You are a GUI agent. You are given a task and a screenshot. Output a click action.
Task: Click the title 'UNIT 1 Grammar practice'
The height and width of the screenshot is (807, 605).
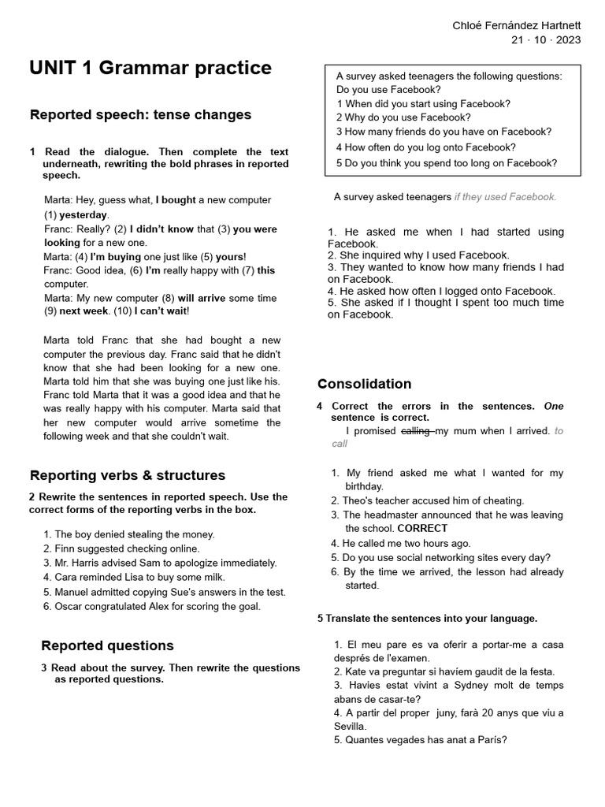[150, 69]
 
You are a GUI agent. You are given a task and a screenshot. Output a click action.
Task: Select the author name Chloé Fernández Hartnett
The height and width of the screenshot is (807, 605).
[516, 26]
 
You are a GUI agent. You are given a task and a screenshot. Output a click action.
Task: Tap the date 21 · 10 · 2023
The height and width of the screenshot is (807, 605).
[546, 41]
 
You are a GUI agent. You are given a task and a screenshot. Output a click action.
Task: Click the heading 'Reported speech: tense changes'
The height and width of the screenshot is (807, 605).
[140, 115]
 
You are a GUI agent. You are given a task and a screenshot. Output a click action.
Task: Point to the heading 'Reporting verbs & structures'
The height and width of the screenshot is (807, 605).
[127, 475]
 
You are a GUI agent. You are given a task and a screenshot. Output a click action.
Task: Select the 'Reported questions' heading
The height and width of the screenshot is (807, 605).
[107, 645]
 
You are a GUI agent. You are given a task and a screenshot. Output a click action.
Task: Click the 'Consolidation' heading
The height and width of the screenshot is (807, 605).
[364, 384]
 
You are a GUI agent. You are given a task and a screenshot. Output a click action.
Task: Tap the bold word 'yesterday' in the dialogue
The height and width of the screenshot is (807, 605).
[83, 214]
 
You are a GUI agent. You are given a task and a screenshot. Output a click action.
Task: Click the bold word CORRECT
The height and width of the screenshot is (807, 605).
[422, 529]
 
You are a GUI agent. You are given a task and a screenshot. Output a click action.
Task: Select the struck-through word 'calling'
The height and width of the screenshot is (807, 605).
[416, 431]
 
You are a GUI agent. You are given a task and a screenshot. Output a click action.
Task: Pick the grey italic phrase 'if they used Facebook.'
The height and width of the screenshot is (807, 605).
[505, 197]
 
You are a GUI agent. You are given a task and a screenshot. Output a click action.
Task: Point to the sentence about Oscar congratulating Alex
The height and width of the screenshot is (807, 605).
[157, 606]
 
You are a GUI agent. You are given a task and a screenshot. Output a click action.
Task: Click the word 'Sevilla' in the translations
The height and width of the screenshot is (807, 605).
[350, 726]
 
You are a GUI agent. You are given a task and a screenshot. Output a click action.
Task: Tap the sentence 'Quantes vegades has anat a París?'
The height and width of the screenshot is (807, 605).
[420, 740]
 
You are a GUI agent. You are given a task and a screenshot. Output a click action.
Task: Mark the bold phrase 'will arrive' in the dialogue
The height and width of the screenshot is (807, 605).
[201, 298]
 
